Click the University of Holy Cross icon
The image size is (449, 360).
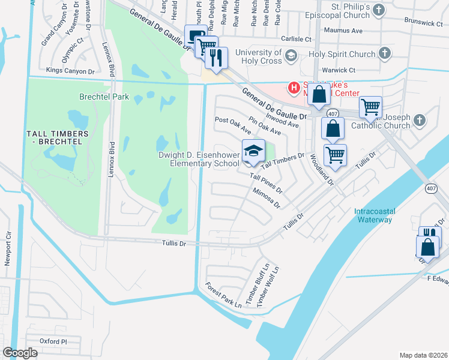point(291,56)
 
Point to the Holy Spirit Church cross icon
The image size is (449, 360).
point(384,54)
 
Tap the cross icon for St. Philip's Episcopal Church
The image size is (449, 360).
point(378,10)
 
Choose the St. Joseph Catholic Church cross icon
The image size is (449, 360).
point(419,121)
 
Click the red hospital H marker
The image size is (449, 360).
point(294,88)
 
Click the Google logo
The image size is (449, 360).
point(20,353)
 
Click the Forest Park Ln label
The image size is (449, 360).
point(223,295)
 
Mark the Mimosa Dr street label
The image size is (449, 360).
point(267,197)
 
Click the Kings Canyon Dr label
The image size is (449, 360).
point(70,71)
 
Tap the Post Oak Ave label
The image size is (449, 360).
point(232,125)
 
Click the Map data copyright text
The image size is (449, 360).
point(423,355)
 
